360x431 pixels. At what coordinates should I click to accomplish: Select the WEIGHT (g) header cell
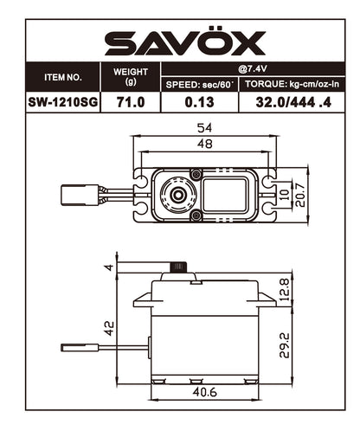(131, 76)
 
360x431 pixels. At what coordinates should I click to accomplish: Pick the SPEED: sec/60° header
(199, 84)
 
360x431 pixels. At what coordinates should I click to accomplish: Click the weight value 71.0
(131, 102)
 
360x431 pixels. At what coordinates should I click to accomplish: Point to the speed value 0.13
(199, 102)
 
